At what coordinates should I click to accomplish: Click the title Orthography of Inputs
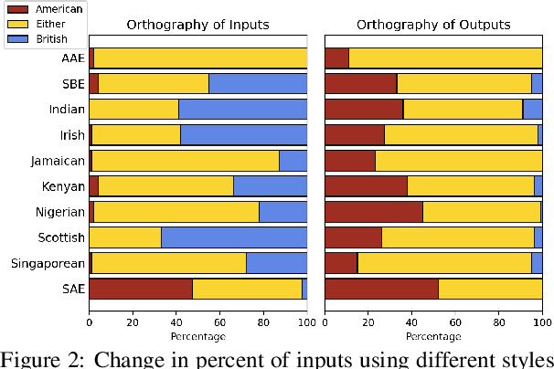pyautogui.click(x=197, y=25)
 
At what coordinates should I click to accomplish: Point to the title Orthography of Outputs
pyautogui.click(x=433, y=25)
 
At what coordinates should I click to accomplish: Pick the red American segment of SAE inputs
pyautogui.click(x=140, y=289)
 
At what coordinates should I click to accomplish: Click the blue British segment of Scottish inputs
pyautogui.click(x=234, y=237)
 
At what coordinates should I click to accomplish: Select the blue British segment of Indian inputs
pyautogui.click(x=242, y=109)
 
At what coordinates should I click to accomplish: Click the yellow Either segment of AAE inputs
pyautogui.click(x=200, y=58)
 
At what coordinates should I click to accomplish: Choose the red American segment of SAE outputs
pyautogui.click(x=381, y=289)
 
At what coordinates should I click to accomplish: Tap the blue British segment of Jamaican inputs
pyautogui.click(x=293, y=161)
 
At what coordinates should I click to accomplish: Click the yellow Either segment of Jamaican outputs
pyautogui.click(x=458, y=161)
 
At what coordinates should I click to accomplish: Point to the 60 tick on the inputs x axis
pyautogui.click(x=219, y=322)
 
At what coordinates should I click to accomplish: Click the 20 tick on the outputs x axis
pyautogui.click(x=368, y=322)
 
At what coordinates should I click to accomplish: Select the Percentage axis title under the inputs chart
pyautogui.click(x=197, y=335)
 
